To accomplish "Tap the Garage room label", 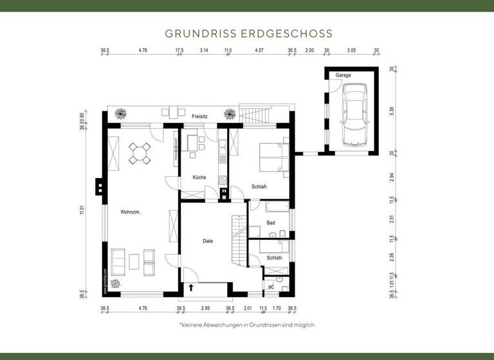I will pyautogui.click(x=343, y=75).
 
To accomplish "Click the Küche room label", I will pyautogui.click(x=199, y=177).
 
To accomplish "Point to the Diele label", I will pyautogui.click(x=208, y=241).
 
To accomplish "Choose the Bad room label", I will pyautogui.click(x=271, y=223).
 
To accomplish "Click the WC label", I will pyautogui.click(x=271, y=287).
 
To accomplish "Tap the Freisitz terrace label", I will pyautogui.click(x=199, y=116).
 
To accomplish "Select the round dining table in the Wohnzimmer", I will pyautogui.click(x=140, y=153).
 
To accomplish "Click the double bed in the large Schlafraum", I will pyautogui.click(x=274, y=157).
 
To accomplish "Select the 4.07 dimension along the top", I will pyautogui.click(x=259, y=50).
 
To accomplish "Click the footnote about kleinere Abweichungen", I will pyautogui.click(x=246, y=325).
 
